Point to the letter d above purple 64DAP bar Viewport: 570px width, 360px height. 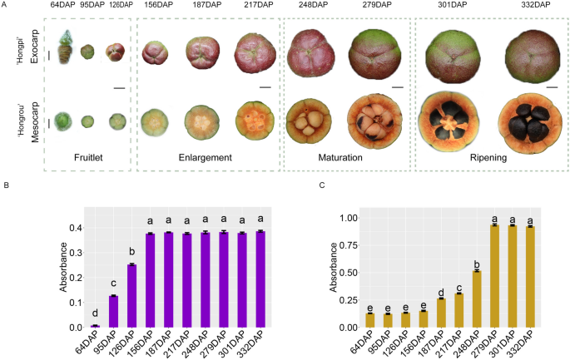(x=95, y=317)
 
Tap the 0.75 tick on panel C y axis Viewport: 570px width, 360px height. (x=352, y=245)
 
